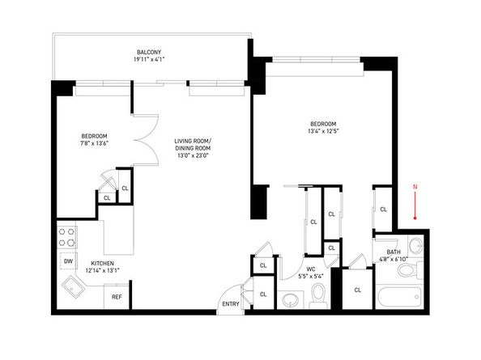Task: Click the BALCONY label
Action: click(x=149, y=52)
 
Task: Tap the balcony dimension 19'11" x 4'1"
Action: click(x=149, y=59)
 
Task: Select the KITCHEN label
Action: click(x=103, y=263)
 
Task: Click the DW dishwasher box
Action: click(x=68, y=261)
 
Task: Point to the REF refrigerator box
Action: click(x=117, y=297)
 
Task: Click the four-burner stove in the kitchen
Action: click(x=67, y=237)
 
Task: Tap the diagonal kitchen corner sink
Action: click(x=74, y=286)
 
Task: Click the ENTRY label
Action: click(x=231, y=304)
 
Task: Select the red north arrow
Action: click(x=415, y=205)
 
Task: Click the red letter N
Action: click(x=415, y=187)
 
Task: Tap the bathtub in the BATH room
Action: click(x=399, y=297)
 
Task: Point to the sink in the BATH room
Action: click(x=415, y=245)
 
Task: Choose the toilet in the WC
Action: click(x=319, y=295)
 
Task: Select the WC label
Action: click(x=311, y=269)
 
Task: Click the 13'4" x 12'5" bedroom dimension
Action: click(x=323, y=131)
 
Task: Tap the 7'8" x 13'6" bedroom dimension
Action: click(x=94, y=143)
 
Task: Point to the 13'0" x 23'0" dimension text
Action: click(x=193, y=155)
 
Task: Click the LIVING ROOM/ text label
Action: click(x=193, y=141)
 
